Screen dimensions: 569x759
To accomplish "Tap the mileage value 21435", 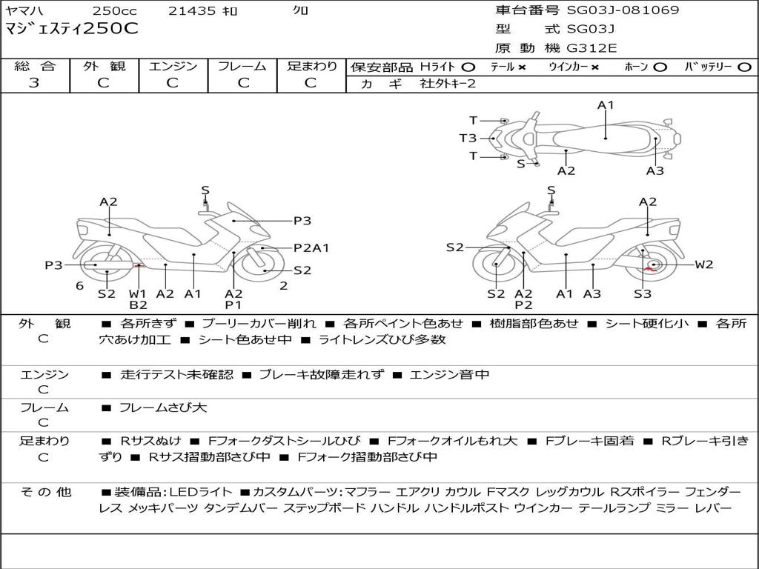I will pyautogui.click(x=192, y=11).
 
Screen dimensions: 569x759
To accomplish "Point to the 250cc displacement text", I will pyautogui.click(x=115, y=11).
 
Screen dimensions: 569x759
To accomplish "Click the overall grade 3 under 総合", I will pyautogui.click(x=34, y=83).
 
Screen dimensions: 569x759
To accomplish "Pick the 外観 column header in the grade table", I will pyautogui.click(x=103, y=67).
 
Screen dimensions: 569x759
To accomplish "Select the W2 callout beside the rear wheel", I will pyautogui.click(x=703, y=264).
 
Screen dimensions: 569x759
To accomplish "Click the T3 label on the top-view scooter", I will pyautogui.click(x=468, y=138).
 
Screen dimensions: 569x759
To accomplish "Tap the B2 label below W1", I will pyautogui.click(x=138, y=305).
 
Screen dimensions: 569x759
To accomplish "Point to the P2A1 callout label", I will pyautogui.click(x=311, y=248).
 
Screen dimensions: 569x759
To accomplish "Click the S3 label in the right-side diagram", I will pyautogui.click(x=643, y=294).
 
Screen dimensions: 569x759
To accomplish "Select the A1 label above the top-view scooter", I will pyautogui.click(x=606, y=105).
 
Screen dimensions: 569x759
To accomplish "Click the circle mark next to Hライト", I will pyautogui.click(x=468, y=67).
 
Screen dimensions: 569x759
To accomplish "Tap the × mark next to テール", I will pyautogui.click(x=522, y=67).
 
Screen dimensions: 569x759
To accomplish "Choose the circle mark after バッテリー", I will pyautogui.click(x=744, y=67).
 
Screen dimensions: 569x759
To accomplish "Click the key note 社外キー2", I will pyautogui.click(x=448, y=84).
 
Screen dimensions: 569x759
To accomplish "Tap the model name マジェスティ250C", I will pyautogui.click(x=71, y=29).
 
